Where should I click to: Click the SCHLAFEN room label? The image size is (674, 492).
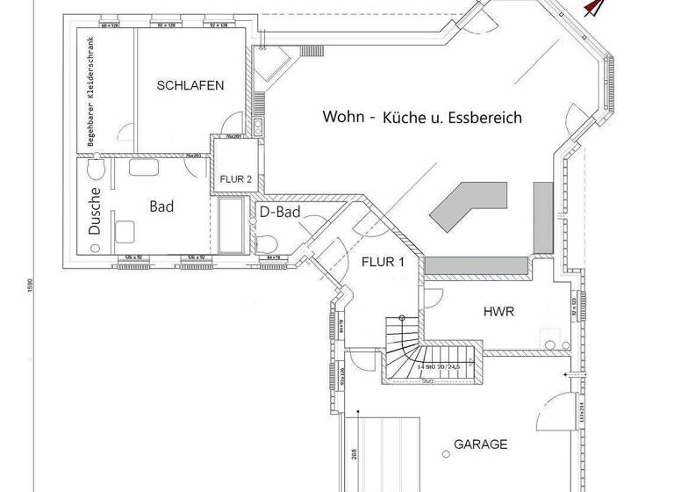[x=190, y=85]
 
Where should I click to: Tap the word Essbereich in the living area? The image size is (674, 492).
[x=486, y=117]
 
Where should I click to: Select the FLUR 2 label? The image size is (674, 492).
[x=235, y=179]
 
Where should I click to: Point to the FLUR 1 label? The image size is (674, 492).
[x=383, y=262]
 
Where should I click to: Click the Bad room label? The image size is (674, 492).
[x=161, y=207]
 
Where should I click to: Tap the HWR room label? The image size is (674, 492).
[x=498, y=312]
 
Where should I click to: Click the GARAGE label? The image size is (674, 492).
[x=480, y=445]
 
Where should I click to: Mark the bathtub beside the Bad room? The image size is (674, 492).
[x=232, y=225]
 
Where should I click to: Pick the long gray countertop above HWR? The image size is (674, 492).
[x=478, y=264]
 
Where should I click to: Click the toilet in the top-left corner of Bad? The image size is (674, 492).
[x=98, y=167]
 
